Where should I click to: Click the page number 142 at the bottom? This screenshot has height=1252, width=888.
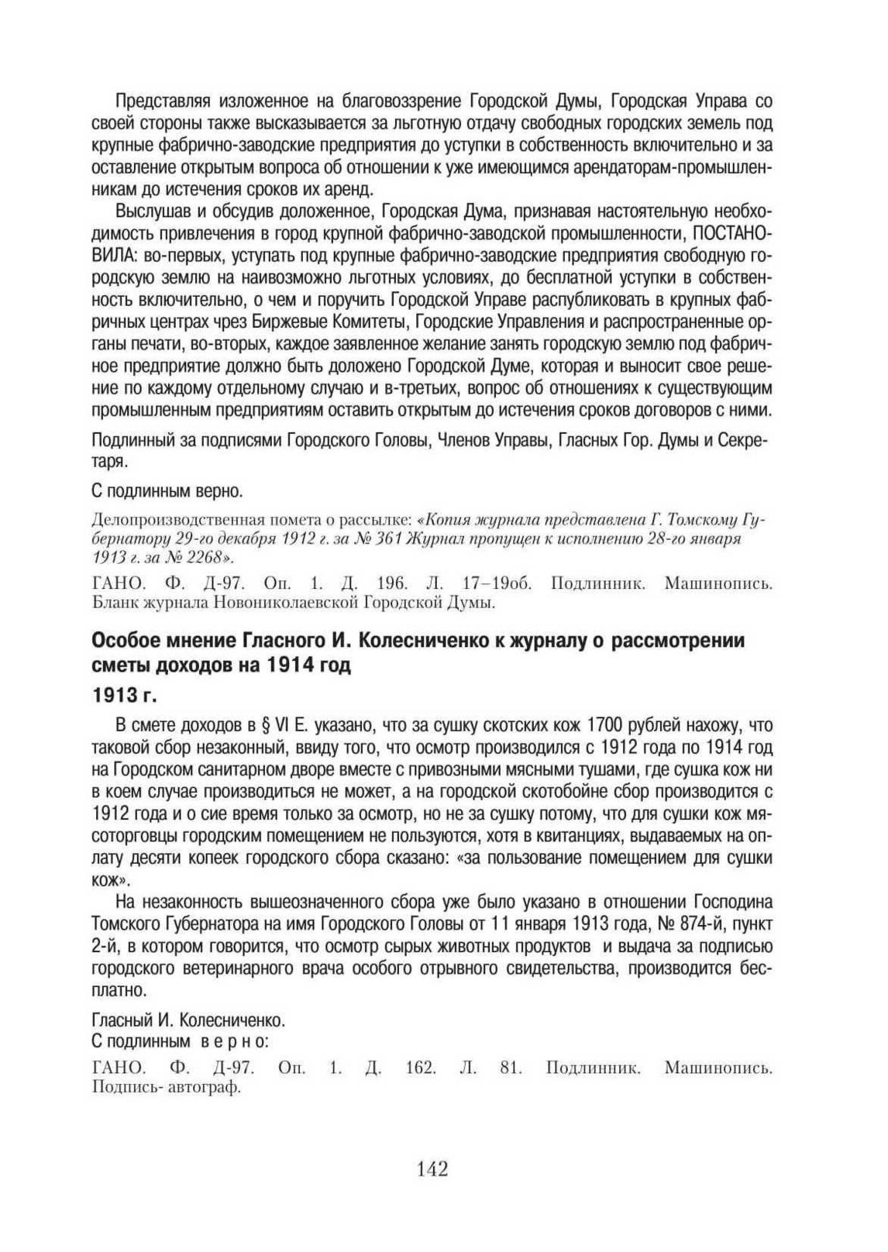pos(432,1169)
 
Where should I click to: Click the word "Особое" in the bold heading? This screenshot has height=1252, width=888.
pos(125,641)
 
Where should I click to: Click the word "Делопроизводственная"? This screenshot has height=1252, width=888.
pos(167,519)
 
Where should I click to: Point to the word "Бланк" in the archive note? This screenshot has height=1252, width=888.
pos(112,601)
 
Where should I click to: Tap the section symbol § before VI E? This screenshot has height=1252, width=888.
pos(262,726)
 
